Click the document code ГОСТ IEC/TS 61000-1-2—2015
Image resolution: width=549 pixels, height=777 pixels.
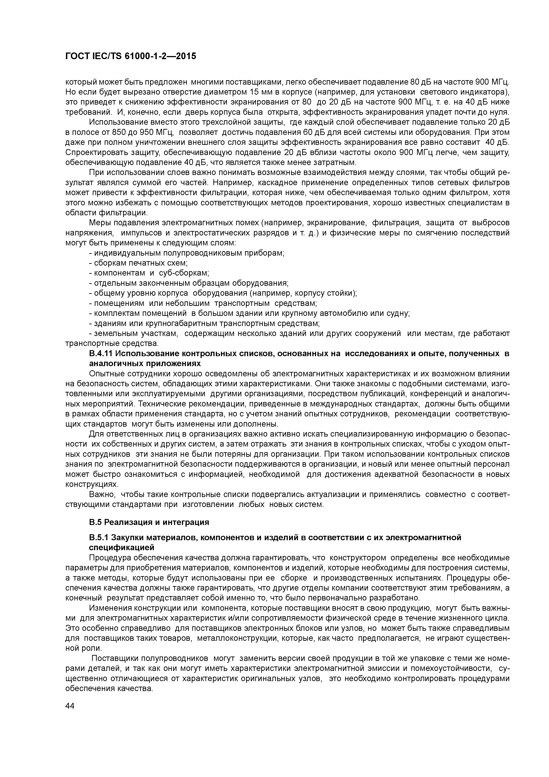pos(131,56)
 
